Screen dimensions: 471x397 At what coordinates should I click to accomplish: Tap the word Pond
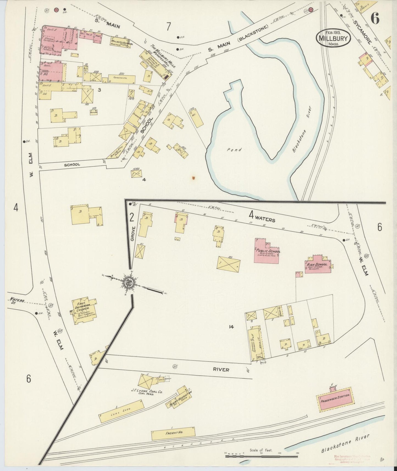pyautogui.click(x=234, y=150)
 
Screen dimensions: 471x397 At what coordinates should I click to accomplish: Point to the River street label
pyautogui.click(x=221, y=370)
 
